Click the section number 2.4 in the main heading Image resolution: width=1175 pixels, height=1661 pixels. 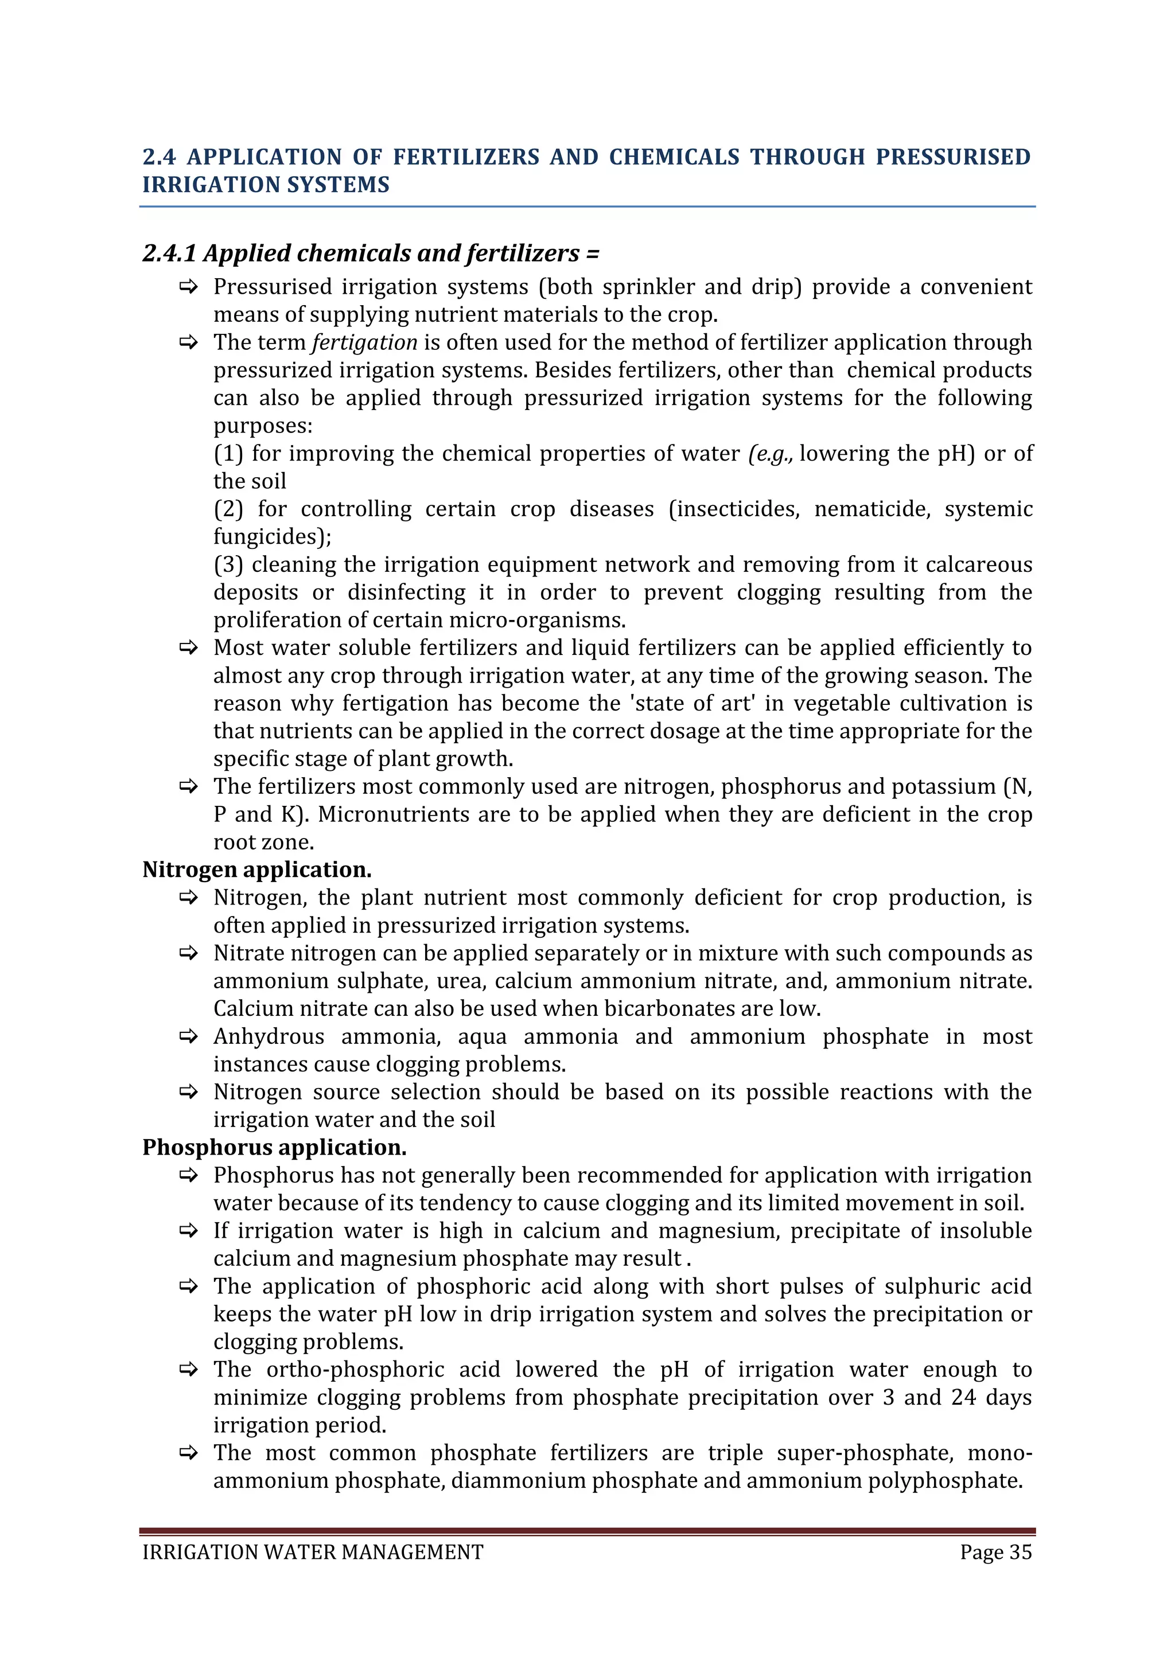pyautogui.click(x=158, y=157)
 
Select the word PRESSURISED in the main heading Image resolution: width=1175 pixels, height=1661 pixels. pyautogui.click(x=953, y=157)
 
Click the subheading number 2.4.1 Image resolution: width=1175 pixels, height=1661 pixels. pyautogui.click(x=169, y=253)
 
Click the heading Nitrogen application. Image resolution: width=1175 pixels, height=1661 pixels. pyautogui.click(x=257, y=870)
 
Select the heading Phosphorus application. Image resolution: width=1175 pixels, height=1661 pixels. pyautogui.click(x=274, y=1147)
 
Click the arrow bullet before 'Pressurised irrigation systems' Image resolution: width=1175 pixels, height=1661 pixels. pyautogui.click(x=189, y=287)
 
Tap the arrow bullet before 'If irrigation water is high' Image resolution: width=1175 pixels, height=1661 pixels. pyautogui.click(x=189, y=1231)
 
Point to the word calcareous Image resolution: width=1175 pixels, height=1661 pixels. pyautogui.click(x=979, y=565)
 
